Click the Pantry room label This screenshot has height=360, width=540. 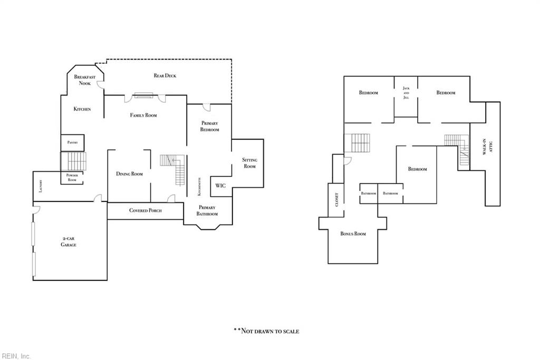pos(72,142)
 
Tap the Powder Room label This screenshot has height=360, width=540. pos(72,178)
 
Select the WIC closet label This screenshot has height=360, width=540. pos(220,186)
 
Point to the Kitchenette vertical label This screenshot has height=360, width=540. pos(199,187)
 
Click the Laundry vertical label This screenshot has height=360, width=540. pos(41,186)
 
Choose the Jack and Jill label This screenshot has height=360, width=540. pos(406,93)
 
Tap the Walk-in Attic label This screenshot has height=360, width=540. pos(487,147)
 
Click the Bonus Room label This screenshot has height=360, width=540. pos(353,233)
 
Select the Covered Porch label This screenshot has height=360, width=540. pos(146,210)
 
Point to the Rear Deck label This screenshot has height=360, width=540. pos(165,76)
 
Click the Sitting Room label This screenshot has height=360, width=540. pos(249,163)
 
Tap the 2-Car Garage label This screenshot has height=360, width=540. pos(69,241)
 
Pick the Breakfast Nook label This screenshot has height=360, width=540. pos(85,80)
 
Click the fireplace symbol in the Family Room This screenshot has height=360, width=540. pos(143,95)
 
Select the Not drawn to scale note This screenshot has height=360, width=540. pos(266,331)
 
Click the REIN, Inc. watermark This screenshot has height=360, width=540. pos(16,356)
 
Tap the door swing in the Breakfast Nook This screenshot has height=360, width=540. pos(100,85)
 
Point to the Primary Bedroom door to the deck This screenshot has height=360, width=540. pos(207,107)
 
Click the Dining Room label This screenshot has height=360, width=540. pos(129,174)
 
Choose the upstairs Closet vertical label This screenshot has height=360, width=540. pos(337,200)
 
